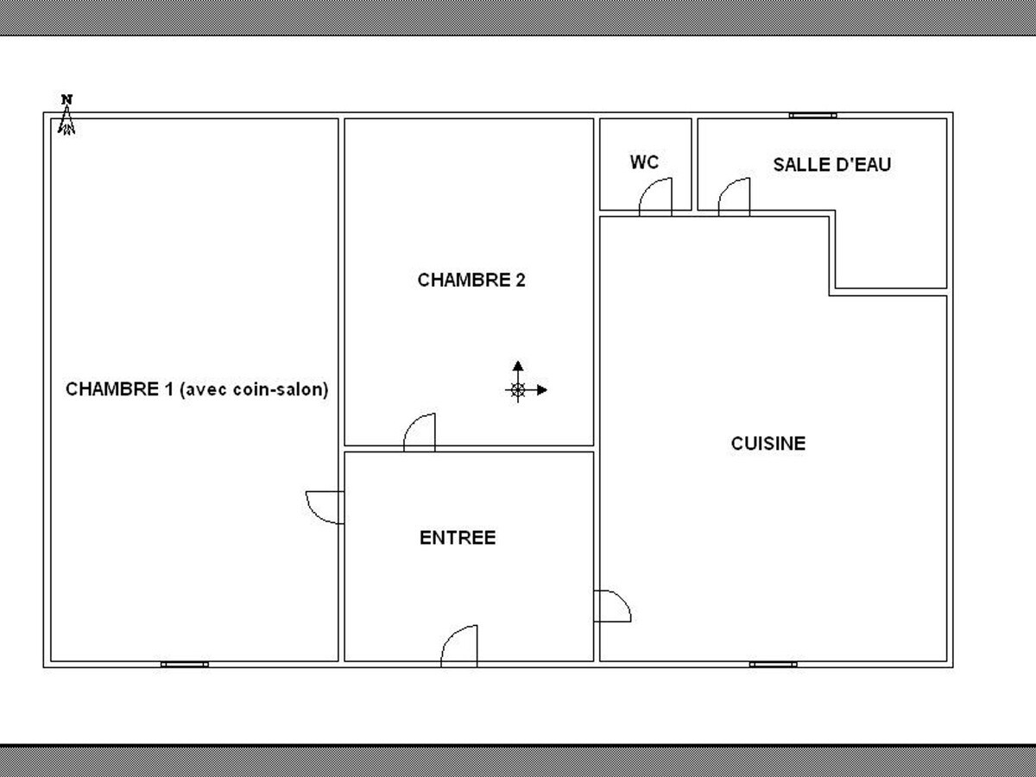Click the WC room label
point(644,162)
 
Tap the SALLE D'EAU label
point(831,165)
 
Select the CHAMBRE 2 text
point(471,280)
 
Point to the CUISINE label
point(768,444)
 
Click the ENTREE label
point(458,538)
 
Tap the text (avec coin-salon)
point(254,389)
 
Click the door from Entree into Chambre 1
point(317,515)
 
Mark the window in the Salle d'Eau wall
point(812,115)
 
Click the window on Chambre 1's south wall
point(185,664)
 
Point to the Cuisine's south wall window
point(773,664)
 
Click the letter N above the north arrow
point(67,99)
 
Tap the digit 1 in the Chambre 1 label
point(169,389)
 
